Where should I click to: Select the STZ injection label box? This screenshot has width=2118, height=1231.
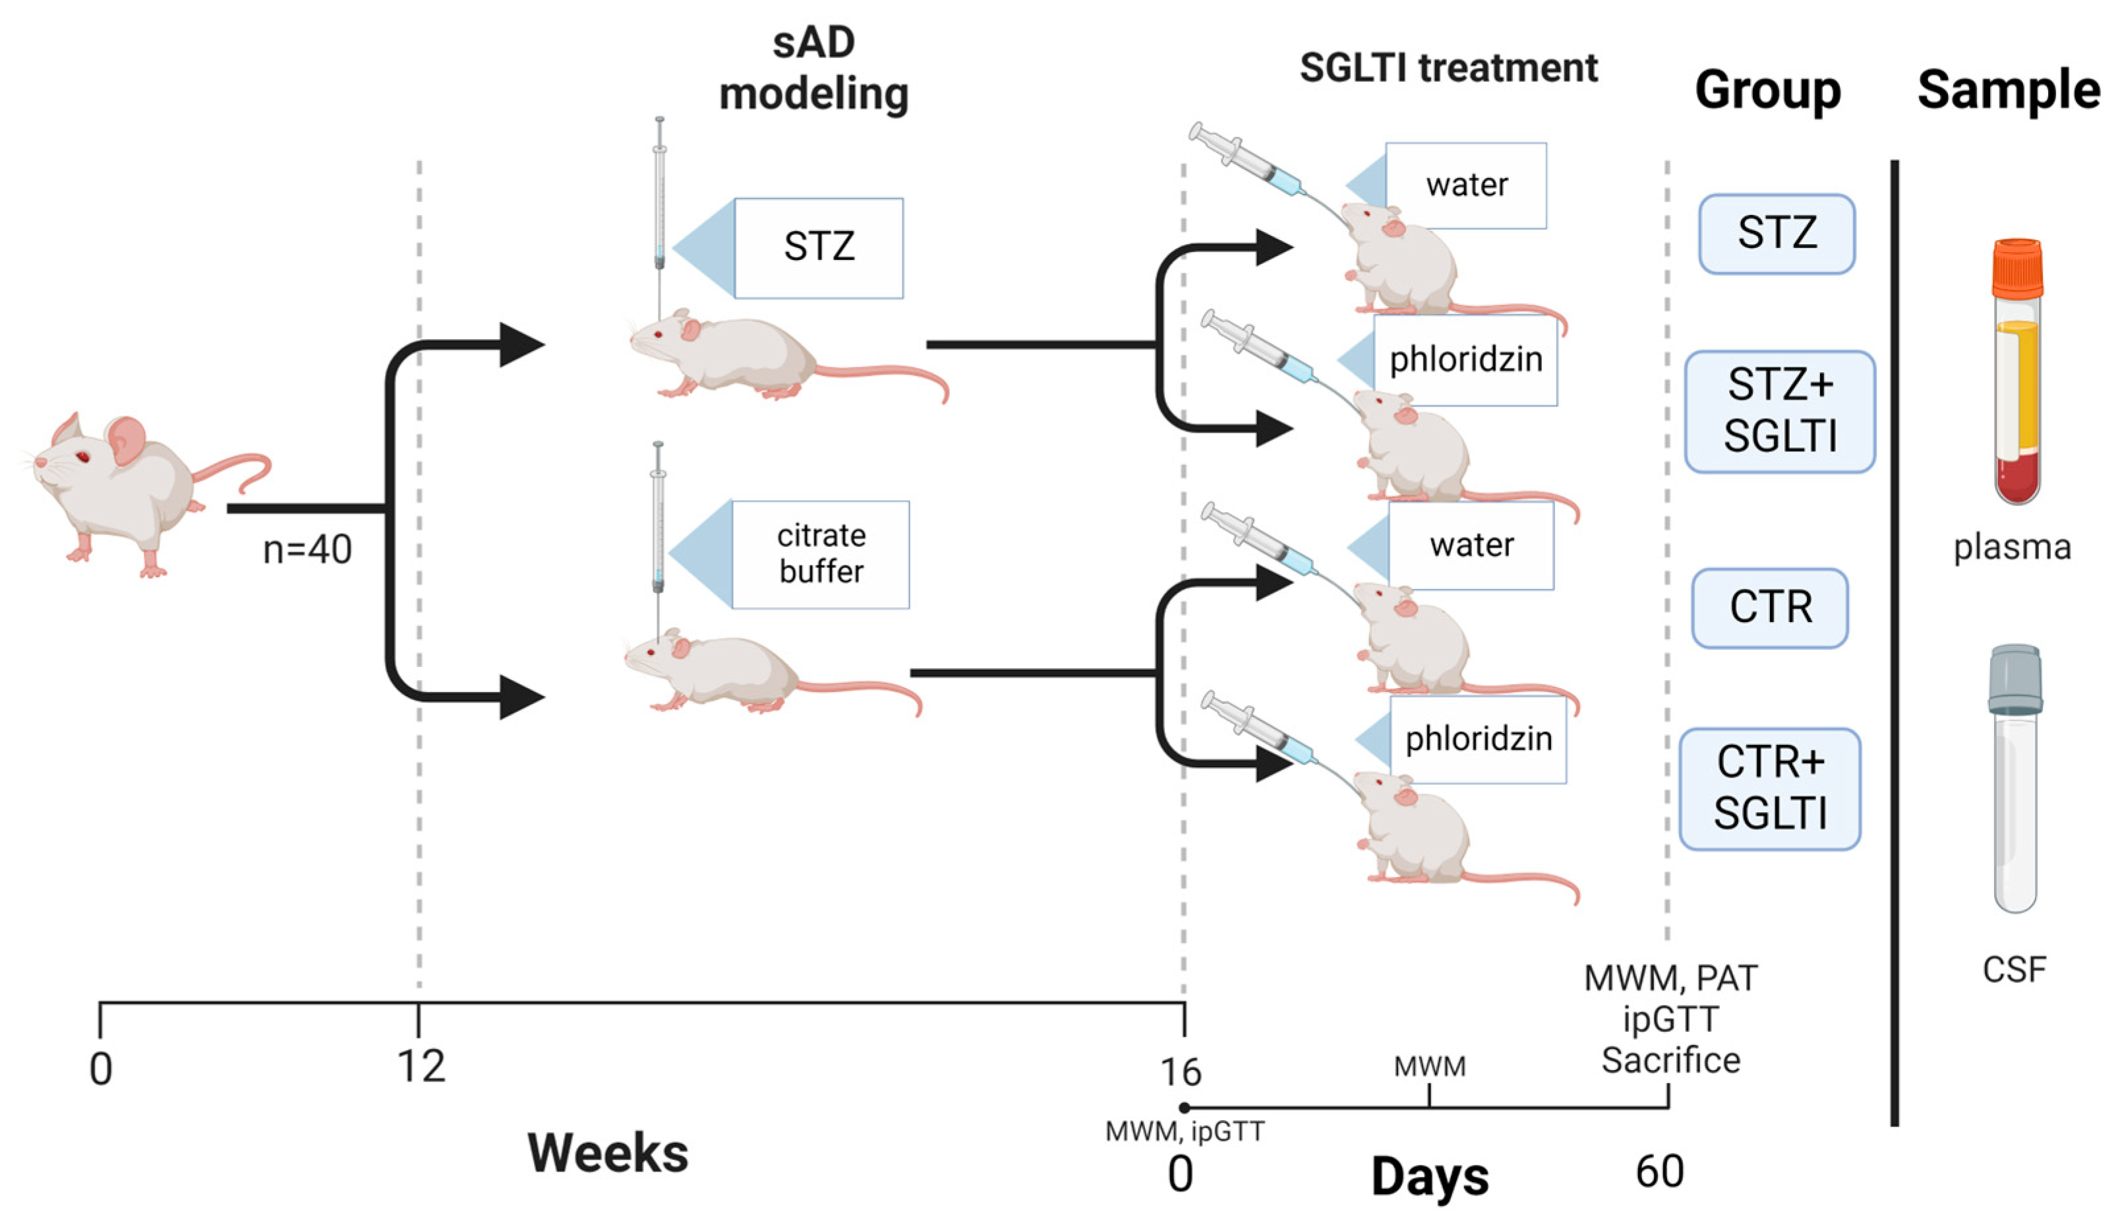818,247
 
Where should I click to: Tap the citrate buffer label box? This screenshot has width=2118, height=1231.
820,553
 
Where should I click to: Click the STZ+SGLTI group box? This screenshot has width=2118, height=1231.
1779,411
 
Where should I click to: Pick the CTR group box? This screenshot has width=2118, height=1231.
1769,607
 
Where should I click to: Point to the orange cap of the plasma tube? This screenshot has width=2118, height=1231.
2016,267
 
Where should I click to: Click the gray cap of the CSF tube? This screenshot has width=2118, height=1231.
2015,678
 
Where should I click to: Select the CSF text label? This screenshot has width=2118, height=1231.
2014,970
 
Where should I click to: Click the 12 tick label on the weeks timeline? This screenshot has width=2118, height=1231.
421,1066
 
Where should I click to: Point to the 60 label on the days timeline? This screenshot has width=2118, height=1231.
1659,1172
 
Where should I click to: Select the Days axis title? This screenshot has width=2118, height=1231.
1430,1176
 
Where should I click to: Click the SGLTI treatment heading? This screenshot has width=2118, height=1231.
1448,67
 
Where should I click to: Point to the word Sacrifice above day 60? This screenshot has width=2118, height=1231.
1670,1060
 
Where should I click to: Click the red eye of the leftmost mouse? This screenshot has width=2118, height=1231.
82,457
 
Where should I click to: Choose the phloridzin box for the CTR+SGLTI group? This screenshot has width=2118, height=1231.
1477,738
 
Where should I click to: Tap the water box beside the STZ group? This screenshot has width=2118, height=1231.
1466,185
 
